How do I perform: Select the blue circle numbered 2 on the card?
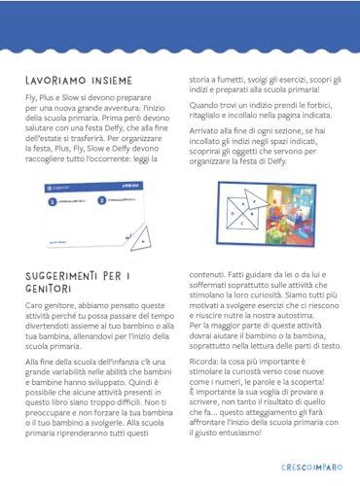click(x=101, y=200)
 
